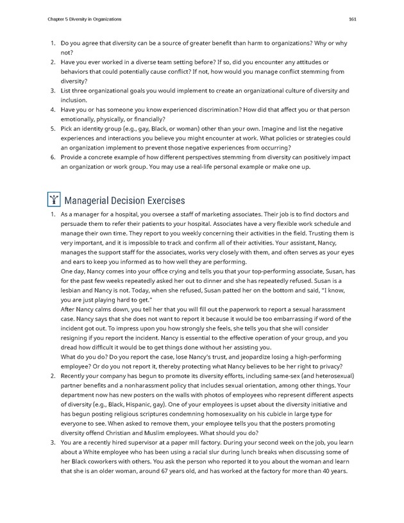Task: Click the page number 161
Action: [x=352, y=19]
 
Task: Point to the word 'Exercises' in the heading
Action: [x=162, y=200]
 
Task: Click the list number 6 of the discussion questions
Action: [x=53, y=157]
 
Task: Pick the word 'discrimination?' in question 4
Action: [x=224, y=109]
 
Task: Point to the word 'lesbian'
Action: [x=73, y=290]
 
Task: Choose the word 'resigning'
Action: [x=78, y=338]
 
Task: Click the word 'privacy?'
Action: [x=326, y=366]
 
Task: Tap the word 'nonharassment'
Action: [x=135, y=385]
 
